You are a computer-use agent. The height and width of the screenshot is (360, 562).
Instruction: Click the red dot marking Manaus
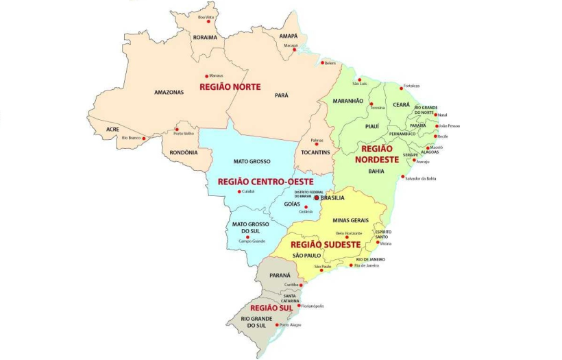point(206,76)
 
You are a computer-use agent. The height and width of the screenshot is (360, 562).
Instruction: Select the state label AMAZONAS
point(169,92)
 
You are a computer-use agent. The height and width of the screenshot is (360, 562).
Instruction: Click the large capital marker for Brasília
point(317,197)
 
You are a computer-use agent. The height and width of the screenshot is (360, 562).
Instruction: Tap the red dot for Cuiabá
point(239,191)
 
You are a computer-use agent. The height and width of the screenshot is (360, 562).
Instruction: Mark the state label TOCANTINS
point(315,152)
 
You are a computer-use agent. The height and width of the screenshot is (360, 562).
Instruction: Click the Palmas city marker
point(316,144)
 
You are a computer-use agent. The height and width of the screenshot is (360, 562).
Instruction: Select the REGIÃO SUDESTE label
point(326,244)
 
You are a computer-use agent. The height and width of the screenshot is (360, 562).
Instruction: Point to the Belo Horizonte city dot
point(347,237)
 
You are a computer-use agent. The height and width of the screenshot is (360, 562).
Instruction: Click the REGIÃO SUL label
point(271,308)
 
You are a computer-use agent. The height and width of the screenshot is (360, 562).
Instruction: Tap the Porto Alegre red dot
point(277,325)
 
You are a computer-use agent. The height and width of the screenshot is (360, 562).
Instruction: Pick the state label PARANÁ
point(280,275)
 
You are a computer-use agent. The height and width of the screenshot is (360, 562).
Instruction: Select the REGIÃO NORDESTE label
point(376,154)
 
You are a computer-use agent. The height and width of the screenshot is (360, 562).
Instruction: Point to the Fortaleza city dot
point(401,88)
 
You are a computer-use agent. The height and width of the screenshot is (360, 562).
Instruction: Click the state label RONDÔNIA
point(183,152)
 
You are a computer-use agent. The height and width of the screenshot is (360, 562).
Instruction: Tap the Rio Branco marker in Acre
point(143,138)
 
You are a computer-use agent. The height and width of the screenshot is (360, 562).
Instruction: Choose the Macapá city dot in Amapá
point(295,49)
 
